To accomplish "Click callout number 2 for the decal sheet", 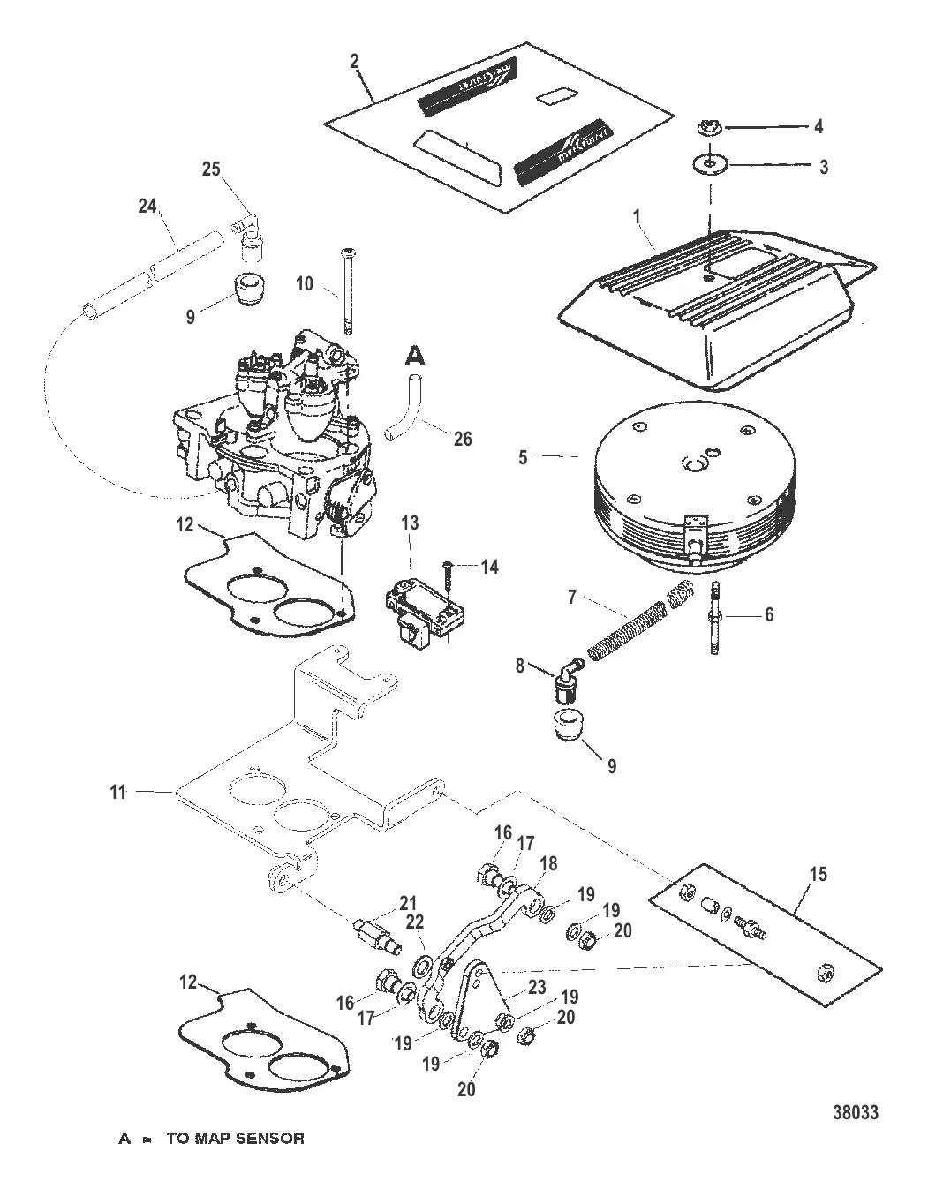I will [x=354, y=61].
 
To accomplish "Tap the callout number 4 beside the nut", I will [x=819, y=127].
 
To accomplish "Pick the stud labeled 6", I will [x=713, y=615].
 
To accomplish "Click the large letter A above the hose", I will [x=414, y=356].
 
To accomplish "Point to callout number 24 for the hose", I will [x=146, y=207].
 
